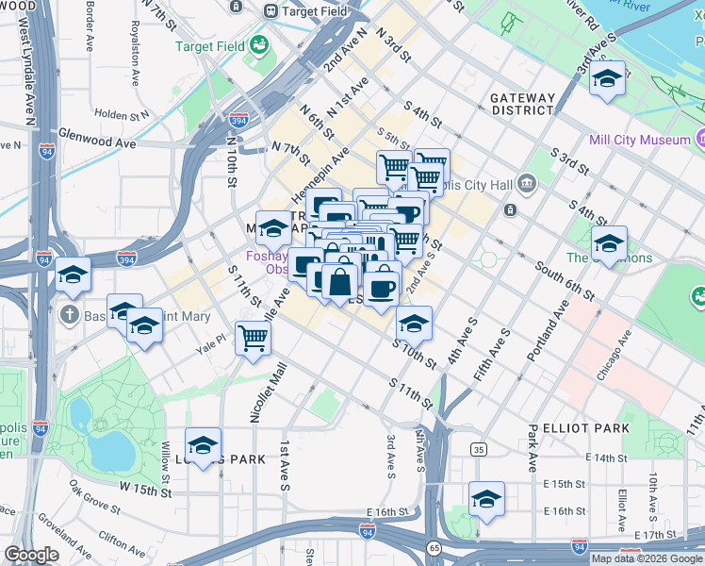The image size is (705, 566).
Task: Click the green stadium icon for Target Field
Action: tap(257, 45)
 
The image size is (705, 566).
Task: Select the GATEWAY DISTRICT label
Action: tap(521, 104)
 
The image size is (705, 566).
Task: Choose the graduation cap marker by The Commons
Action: tap(608, 244)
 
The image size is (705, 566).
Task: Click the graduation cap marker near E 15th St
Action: tap(486, 499)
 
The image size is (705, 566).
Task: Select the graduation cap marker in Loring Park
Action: tap(203, 445)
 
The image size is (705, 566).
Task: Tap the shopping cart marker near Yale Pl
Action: tap(253, 337)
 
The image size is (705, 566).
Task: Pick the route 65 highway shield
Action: tap(434, 547)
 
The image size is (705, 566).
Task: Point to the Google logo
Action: tap(31, 555)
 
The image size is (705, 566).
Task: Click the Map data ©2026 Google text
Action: tap(646, 558)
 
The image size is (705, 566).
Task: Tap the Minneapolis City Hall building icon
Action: tap(527, 181)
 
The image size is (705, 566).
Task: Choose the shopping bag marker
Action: tap(339, 281)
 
